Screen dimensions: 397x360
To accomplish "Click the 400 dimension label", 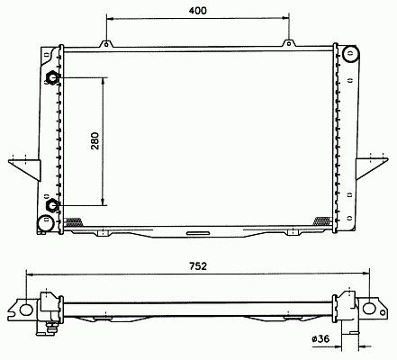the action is [197, 11].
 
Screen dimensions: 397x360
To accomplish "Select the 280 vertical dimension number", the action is [95, 141].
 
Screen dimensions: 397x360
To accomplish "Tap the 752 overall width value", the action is [198, 265].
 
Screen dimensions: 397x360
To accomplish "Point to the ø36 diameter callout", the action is [320, 338].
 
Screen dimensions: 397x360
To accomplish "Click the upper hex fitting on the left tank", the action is [52, 78].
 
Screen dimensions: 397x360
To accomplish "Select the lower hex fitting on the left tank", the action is [53, 205].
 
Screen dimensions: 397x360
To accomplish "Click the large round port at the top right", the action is [350, 54].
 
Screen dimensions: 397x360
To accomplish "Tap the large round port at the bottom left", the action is [46, 223].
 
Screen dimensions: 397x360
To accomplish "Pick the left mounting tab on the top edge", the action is [106, 44].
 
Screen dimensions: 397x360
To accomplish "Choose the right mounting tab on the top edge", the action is [289, 43].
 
